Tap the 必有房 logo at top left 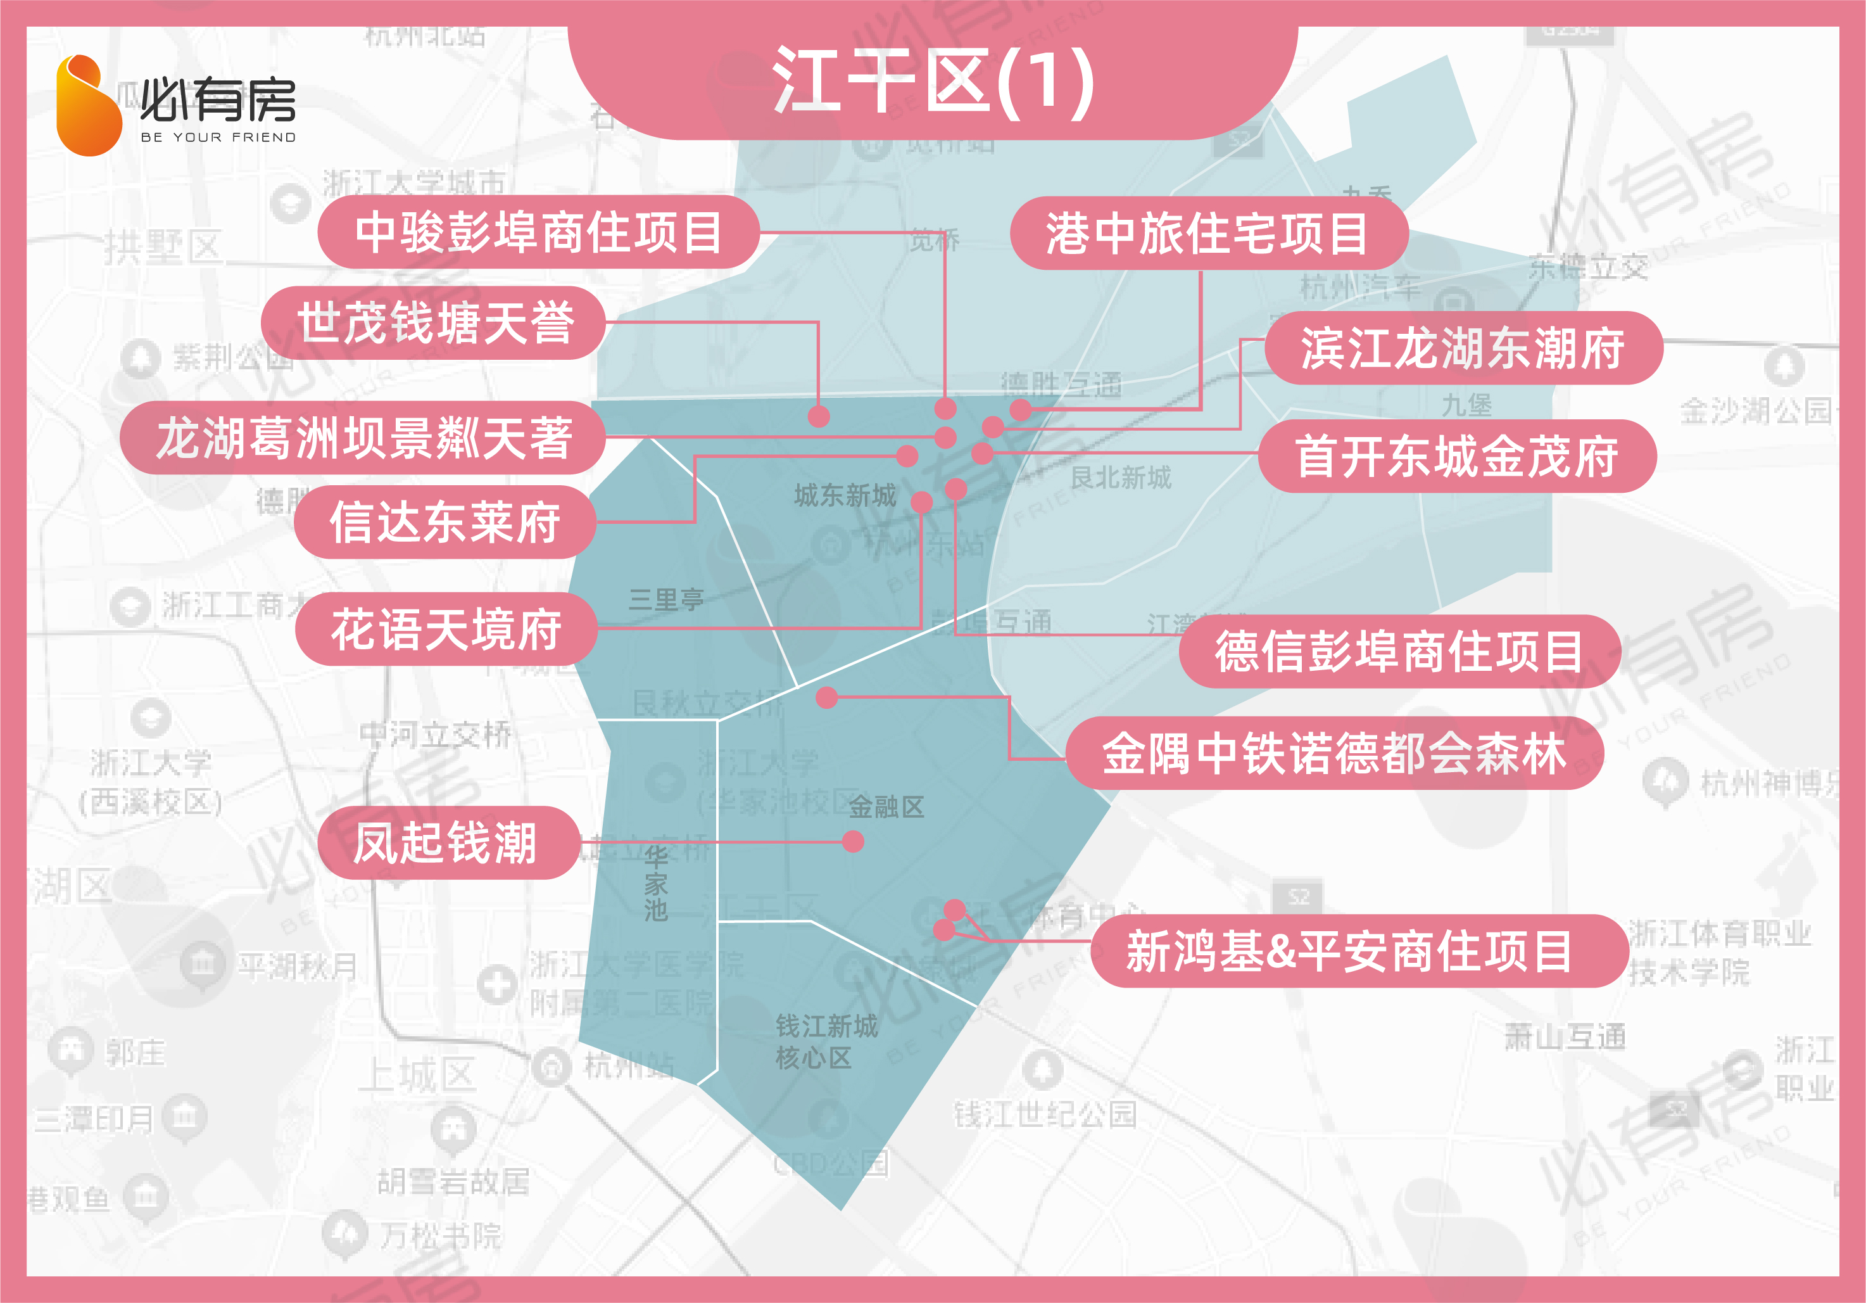[x=175, y=106]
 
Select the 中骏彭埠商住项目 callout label [x=538, y=232]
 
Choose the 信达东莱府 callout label [x=444, y=522]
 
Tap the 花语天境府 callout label [x=445, y=629]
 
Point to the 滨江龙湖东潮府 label [x=1463, y=348]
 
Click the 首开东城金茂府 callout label [x=1456, y=456]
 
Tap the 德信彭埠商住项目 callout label [x=1399, y=651]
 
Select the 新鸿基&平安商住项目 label [x=1349, y=951]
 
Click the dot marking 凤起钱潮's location [x=852, y=841]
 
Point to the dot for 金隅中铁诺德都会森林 [x=826, y=697]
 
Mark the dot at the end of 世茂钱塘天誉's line [x=819, y=416]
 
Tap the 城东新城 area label [x=845, y=495]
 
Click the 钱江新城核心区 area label [x=826, y=1042]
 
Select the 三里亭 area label [x=665, y=600]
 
